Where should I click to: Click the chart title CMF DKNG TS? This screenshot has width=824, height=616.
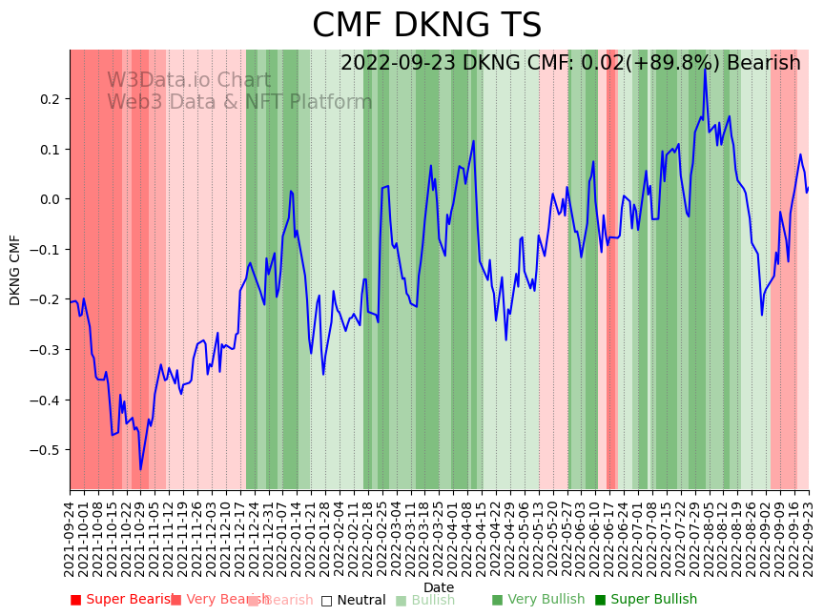426,26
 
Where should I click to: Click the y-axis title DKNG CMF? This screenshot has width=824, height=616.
15,270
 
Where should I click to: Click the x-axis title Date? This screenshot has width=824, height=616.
439,587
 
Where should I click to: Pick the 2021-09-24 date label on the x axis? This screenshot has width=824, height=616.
71,539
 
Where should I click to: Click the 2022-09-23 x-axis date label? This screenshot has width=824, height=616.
810,539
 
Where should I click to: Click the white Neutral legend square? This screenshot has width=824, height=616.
326,601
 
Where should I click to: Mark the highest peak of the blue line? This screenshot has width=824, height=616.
706,69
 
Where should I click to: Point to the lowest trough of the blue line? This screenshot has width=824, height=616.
140,469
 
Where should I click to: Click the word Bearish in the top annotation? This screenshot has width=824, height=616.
763,64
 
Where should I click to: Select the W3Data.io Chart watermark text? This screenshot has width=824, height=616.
189,81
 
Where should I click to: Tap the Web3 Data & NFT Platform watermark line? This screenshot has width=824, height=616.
239,103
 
